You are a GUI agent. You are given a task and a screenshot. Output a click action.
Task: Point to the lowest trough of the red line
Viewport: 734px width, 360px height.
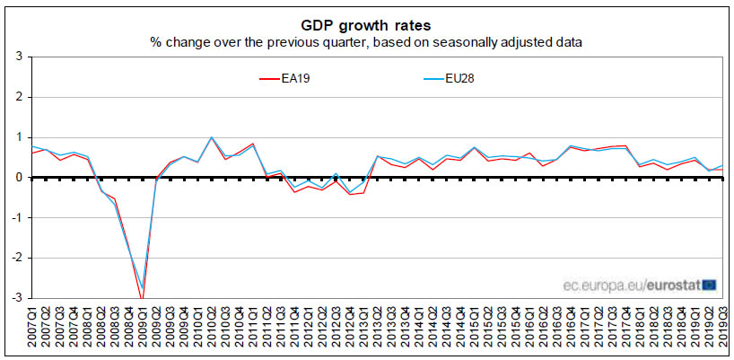[x=142, y=296]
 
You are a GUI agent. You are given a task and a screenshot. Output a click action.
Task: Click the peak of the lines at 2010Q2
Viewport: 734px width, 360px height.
[x=212, y=137]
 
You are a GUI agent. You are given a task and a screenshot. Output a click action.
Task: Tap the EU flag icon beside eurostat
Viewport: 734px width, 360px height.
[x=709, y=285]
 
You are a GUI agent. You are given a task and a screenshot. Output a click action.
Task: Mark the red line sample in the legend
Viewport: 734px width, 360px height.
[x=272, y=78]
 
